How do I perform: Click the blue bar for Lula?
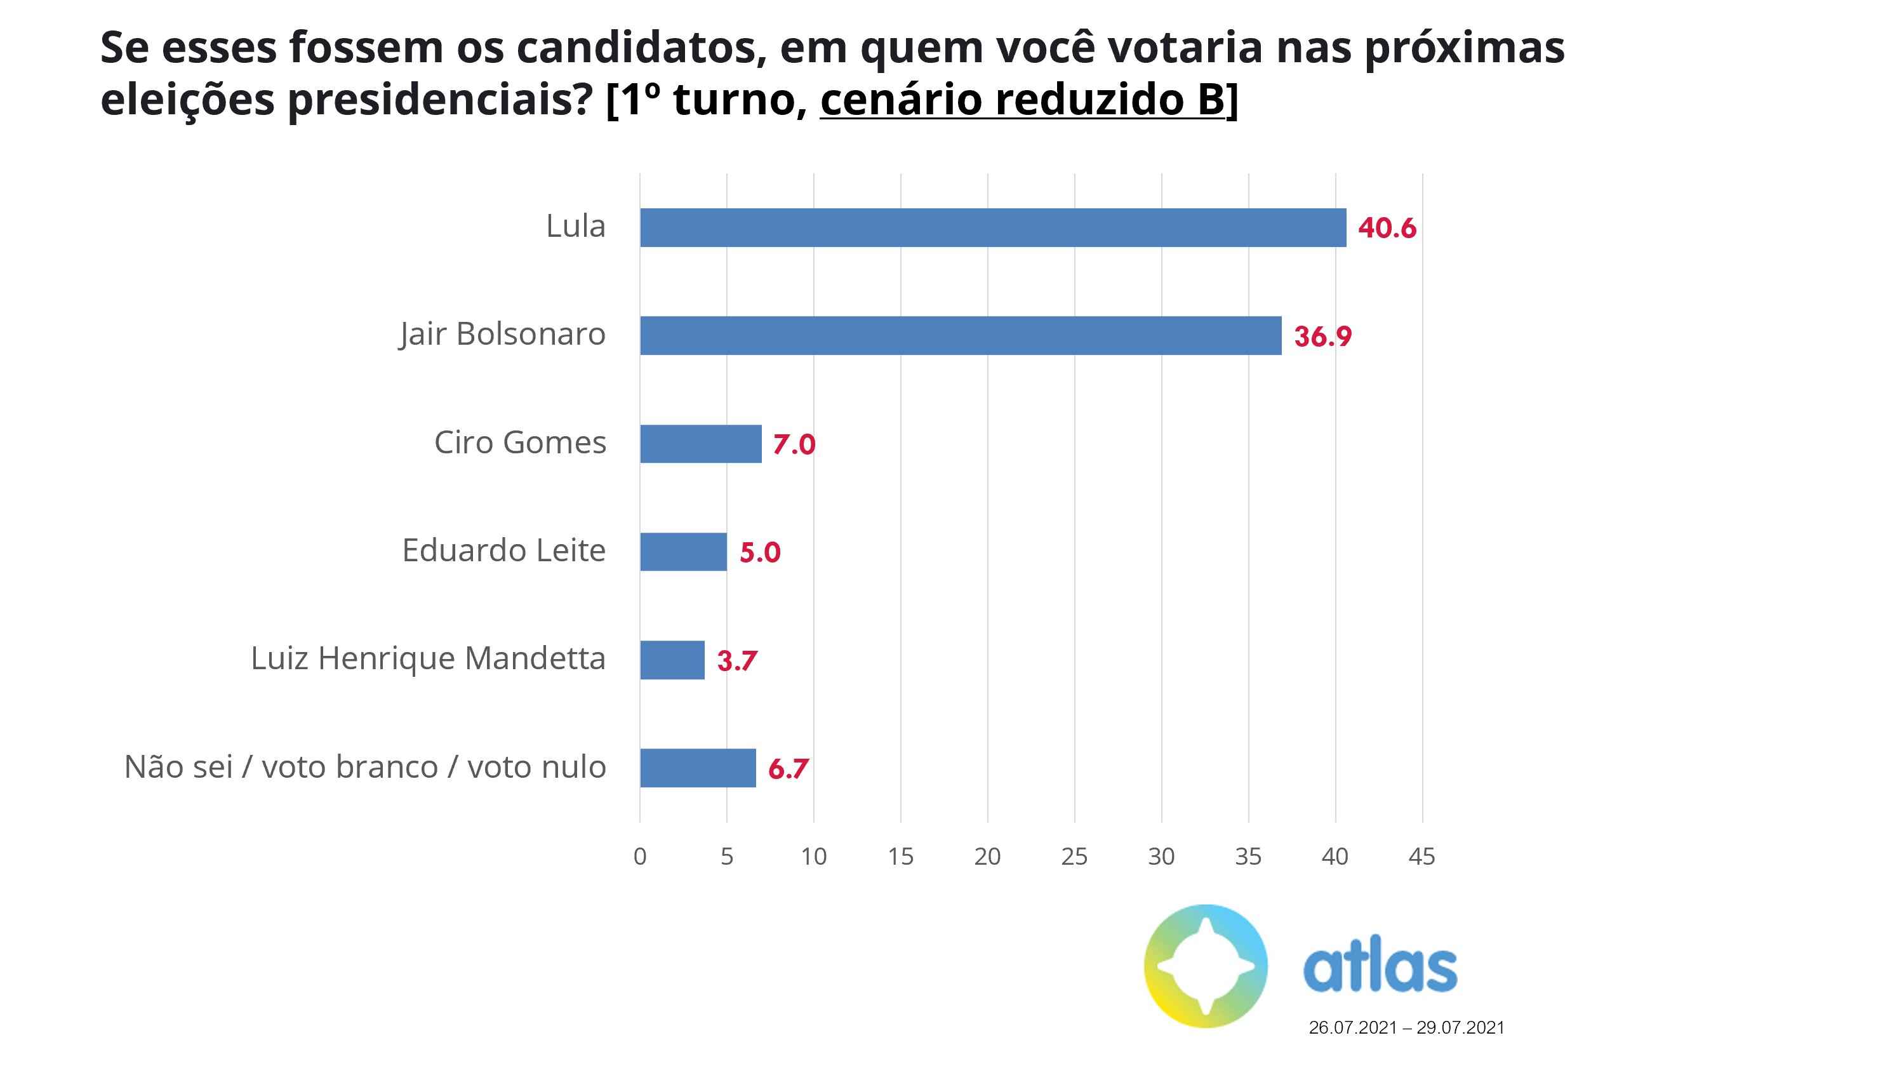pyautogui.click(x=993, y=228)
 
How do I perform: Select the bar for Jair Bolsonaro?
pyautogui.click(x=961, y=336)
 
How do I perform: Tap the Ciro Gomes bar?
pyautogui.click(x=700, y=444)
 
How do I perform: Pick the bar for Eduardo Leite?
pyautogui.click(x=682, y=552)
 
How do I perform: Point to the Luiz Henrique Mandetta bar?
pyautogui.click(x=672, y=660)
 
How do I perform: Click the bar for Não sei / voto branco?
pyautogui.click(x=697, y=768)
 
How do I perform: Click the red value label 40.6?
pyautogui.click(x=1387, y=229)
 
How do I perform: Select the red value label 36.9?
pyautogui.click(x=1322, y=336)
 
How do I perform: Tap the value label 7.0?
pyautogui.click(x=794, y=445)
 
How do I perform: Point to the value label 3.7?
pyautogui.click(x=736, y=661)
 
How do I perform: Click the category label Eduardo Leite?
pyautogui.click(x=503, y=550)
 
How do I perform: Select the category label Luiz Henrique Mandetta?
pyautogui.click(x=428, y=658)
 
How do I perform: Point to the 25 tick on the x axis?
pyautogui.click(x=1074, y=856)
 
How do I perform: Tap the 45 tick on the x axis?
pyautogui.click(x=1421, y=856)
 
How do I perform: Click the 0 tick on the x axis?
pyautogui.click(x=640, y=856)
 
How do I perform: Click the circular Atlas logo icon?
pyautogui.click(x=1206, y=966)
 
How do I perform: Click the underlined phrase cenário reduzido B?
pyautogui.click(x=1022, y=100)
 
